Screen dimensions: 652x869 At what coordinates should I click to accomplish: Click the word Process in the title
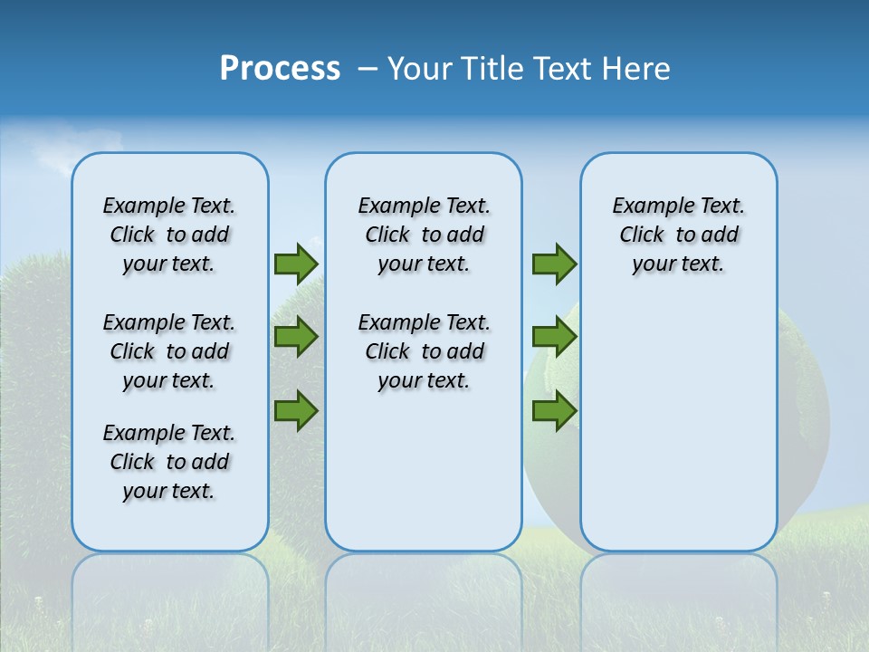[x=280, y=68]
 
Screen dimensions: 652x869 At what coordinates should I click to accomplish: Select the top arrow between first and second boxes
[x=296, y=264]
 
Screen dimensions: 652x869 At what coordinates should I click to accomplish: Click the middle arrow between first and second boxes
[x=296, y=337]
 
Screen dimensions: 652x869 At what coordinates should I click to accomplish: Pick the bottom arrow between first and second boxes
[x=296, y=410]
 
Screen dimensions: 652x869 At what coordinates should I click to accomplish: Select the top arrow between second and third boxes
[x=554, y=264]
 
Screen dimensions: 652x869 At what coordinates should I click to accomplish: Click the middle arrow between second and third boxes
[x=554, y=337]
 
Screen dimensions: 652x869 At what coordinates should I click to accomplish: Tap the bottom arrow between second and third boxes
[x=554, y=410]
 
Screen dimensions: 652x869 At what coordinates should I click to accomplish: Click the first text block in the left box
[x=169, y=235]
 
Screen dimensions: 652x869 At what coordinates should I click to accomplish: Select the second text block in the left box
[x=169, y=351]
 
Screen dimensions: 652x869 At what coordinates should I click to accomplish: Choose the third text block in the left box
[x=169, y=462]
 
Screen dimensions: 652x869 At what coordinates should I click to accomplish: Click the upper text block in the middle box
[x=424, y=235]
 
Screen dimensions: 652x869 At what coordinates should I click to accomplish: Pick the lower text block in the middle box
[x=424, y=351]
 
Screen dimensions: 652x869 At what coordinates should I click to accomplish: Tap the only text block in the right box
[x=678, y=235]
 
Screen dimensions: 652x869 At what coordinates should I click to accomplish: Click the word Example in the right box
[x=648, y=206]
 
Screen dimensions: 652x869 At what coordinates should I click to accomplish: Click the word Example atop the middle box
[x=394, y=206]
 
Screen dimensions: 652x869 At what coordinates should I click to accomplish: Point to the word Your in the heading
[x=420, y=69]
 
